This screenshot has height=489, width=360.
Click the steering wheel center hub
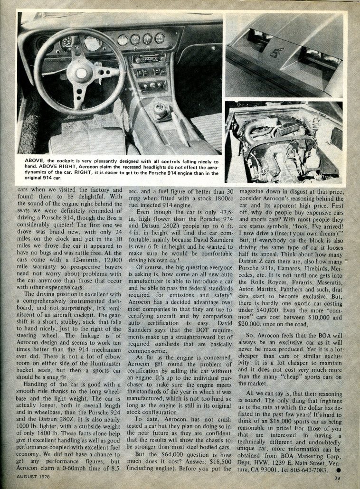[x=82, y=73]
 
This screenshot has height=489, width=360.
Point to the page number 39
[x=337, y=478]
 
